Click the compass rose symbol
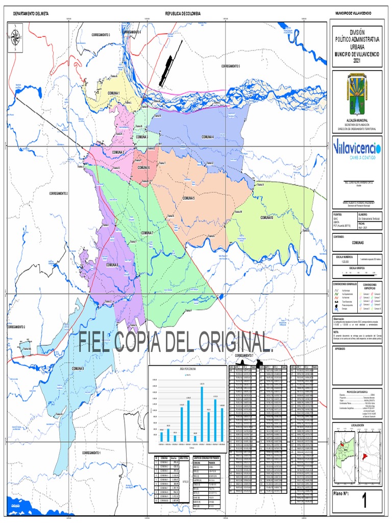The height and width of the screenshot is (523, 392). pyautogui.click(x=16, y=38)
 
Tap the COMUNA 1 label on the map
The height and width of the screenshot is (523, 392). pyautogui.click(x=113, y=93)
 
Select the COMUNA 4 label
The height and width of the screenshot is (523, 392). pyautogui.click(x=207, y=137)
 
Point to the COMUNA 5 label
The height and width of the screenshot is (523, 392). pyautogui.click(x=189, y=198)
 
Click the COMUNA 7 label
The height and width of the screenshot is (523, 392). pyautogui.click(x=148, y=232)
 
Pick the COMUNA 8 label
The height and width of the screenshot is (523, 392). pyautogui.click(x=112, y=265)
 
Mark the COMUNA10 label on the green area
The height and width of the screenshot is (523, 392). pyautogui.click(x=267, y=218)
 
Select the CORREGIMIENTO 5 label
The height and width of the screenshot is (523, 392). pyautogui.click(x=230, y=66)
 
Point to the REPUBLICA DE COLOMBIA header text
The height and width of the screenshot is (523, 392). pyautogui.click(x=183, y=13)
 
